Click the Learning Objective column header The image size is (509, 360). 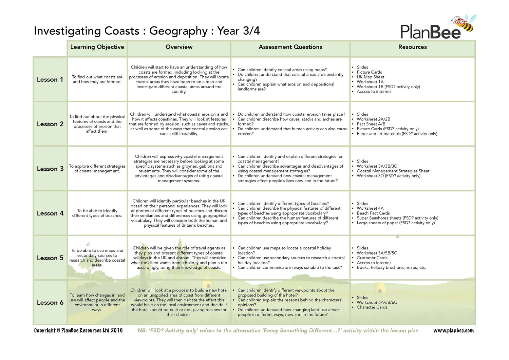point(97,47)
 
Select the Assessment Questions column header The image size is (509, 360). point(290,47)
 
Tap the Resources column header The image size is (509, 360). point(412,47)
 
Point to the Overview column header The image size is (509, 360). point(179,47)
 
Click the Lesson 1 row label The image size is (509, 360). point(50,80)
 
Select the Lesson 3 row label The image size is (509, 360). point(50,169)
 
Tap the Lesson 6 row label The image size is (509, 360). point(50,303)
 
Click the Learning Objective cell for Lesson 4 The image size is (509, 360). point(97,213)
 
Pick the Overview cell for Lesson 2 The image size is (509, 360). point(179,124)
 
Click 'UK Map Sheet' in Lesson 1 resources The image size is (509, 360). point(370,77)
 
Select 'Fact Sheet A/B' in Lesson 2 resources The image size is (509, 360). point(371,124)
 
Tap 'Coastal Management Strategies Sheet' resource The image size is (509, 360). point(393,171)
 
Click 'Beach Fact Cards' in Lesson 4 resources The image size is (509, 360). point(373,213)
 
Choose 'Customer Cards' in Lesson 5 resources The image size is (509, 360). point(372,258)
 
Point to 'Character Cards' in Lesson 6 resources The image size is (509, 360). point(372,307)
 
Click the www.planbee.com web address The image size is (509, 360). point(453,330)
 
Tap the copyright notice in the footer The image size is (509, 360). point(78,330)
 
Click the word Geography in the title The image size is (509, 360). point(178,31)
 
